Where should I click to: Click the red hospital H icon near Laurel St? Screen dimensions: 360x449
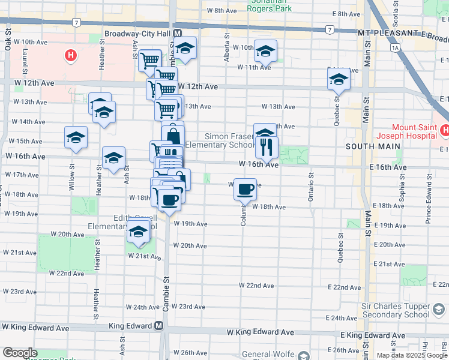(x=71, y=56)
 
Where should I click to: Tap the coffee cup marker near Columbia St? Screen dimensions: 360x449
(x=245, y=190)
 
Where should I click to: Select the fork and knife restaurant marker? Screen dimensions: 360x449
(x=267, y=147)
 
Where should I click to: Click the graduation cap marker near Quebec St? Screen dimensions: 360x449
(x=339, y=79)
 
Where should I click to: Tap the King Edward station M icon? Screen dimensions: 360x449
(x=158, y=326)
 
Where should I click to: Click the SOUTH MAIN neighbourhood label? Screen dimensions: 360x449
(x=367, y=146)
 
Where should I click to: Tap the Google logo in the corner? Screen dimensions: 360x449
(x=20, y=353)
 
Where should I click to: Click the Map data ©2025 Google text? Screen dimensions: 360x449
(x=412, y=355)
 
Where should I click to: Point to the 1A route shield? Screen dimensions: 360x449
(x=394, y=47)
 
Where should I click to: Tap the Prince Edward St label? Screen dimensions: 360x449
(x=429, y=207)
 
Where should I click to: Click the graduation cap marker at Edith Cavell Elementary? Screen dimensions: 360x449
(x=138, y=232)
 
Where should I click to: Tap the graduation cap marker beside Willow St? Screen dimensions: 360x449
(x=76, y=137)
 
